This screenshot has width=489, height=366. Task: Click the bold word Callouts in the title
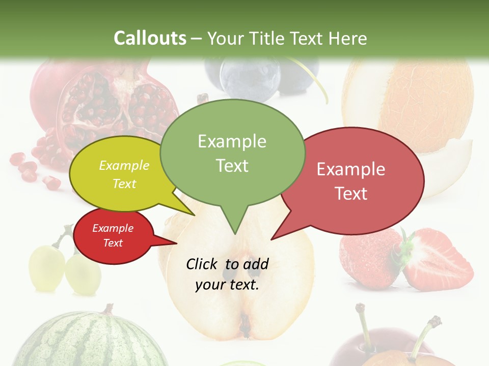point(150,38)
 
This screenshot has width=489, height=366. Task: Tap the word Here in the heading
point(348,38)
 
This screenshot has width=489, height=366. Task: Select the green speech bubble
point(232,152)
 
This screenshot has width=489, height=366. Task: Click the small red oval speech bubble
point(113,236)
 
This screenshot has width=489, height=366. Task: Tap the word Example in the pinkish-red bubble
point(351,169)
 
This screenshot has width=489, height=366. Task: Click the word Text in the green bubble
point(232,166)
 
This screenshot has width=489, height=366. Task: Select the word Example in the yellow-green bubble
point(124,166)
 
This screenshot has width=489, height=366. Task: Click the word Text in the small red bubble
point(113,243)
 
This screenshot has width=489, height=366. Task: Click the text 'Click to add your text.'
point(227,274)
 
